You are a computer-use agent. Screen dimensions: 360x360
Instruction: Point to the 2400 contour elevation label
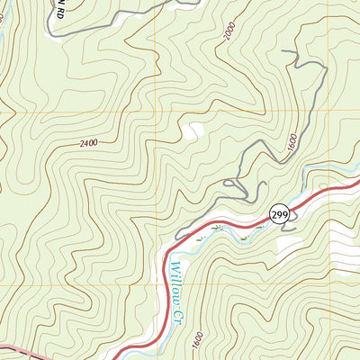coord(88,143)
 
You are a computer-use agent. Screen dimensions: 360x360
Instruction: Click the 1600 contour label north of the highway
coord(292,143)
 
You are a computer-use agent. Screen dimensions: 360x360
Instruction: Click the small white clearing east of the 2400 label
coord(192,131)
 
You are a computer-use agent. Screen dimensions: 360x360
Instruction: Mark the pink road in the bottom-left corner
coord(18,349)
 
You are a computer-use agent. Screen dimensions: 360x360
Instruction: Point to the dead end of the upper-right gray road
coord(283,52)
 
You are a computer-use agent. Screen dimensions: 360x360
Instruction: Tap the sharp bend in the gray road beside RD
coord(51,34)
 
